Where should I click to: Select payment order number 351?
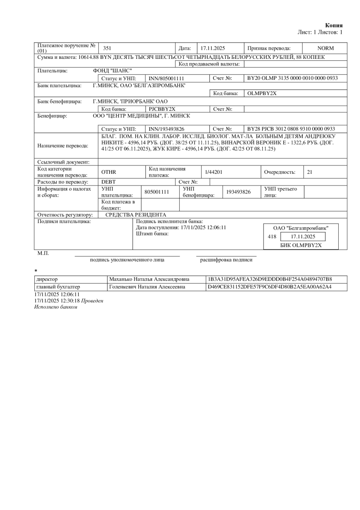107,48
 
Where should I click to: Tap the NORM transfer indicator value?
325,48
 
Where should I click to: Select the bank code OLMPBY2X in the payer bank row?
262,93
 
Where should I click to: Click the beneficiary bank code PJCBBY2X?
159,109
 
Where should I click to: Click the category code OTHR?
109,172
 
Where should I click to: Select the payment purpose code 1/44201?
214,172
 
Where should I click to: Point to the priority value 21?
309,172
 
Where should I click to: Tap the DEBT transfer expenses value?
109,182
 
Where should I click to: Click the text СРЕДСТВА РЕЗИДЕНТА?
136,215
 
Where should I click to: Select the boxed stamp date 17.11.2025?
302,236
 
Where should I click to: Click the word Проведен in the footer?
93,301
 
